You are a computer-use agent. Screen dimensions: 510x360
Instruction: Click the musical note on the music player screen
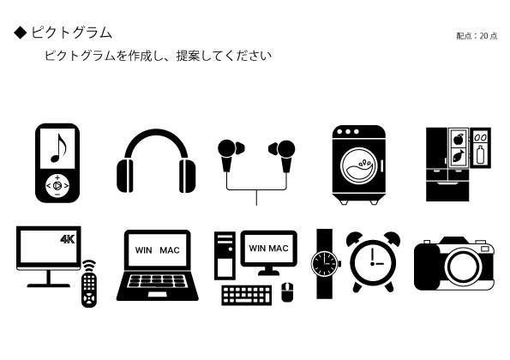click(x=58, y=147)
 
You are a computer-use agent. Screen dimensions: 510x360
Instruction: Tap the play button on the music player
click(x=57, y=186)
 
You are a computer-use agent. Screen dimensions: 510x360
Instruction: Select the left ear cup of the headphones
click(x=125, y=176)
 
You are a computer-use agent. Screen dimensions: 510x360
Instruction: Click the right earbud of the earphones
click(x=282, y=155)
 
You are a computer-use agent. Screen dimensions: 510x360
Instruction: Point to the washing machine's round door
click(x=359, y=165)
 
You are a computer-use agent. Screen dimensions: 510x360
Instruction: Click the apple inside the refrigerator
click(x=459, y=140)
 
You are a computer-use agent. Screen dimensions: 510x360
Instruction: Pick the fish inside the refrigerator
click(x=459, y=156)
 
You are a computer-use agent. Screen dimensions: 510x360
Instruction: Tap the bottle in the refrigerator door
click(x=480, y=154)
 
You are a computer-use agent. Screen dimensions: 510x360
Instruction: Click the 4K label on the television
click(x=68, y=239)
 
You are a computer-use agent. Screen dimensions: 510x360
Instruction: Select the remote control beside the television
click(x=89, y=284)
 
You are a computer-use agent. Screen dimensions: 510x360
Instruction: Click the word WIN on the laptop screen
click(x=143, y=250)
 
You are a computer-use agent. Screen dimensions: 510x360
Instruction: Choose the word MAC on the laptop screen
click(x=170, y=250)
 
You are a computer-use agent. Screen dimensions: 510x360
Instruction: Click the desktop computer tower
click(x=225, y=255)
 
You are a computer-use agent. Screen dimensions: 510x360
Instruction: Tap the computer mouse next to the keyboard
click(x=287, y=291)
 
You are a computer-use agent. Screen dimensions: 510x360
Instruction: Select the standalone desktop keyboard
click(x=247, y=295)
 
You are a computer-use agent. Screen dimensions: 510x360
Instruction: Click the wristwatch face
click(x=324, y=264)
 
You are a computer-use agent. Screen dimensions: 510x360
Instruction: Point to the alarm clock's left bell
click(x=354, y=238)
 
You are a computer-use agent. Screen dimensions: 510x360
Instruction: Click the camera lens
click(x=463, y=267)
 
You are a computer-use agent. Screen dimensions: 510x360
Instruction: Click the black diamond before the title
click(x=21, y=33)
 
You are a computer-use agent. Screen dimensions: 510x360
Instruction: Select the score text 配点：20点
click(x=477, y=36)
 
